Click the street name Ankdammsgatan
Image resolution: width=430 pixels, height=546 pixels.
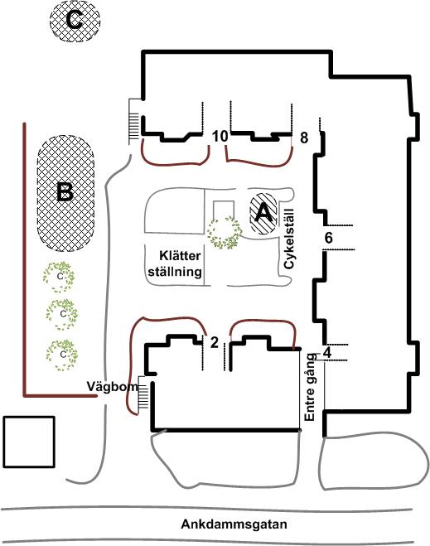(x=234, y=524)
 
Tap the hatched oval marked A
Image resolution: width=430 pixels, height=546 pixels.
(x=263, y=214)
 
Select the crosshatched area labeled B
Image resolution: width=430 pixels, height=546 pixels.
(x=65, y=193)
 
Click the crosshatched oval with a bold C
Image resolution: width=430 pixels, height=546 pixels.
(x=75, y=21)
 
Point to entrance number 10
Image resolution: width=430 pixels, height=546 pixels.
(x=220, y=136)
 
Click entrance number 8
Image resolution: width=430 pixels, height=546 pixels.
(x=304, y=138)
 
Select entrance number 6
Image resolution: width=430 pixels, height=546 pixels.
(x=328, y=238)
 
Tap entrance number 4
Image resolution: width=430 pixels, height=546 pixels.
(x=327, y=352)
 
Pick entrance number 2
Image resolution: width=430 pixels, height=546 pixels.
(x=214, y=343)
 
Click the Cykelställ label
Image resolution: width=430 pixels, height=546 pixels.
(x=289, y=239)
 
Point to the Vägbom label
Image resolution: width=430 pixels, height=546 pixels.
(x=112, y=387)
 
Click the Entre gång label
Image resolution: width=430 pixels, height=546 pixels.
(x=310, y=387)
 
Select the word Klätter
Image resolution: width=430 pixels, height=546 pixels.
(x=180, y=255)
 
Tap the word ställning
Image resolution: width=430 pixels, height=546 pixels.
(x=175, y=271)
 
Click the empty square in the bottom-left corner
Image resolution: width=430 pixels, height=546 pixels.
(x=29, y=442)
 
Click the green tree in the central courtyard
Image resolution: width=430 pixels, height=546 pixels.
(x=224, y=232)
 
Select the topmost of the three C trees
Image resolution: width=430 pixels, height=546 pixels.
(x=59, y=277)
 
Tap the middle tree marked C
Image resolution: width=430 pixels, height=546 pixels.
(x=61, y=315)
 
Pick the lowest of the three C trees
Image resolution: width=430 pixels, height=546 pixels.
(x=61, y=355)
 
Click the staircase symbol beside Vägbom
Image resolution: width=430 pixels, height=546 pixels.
(x=144, y=395)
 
